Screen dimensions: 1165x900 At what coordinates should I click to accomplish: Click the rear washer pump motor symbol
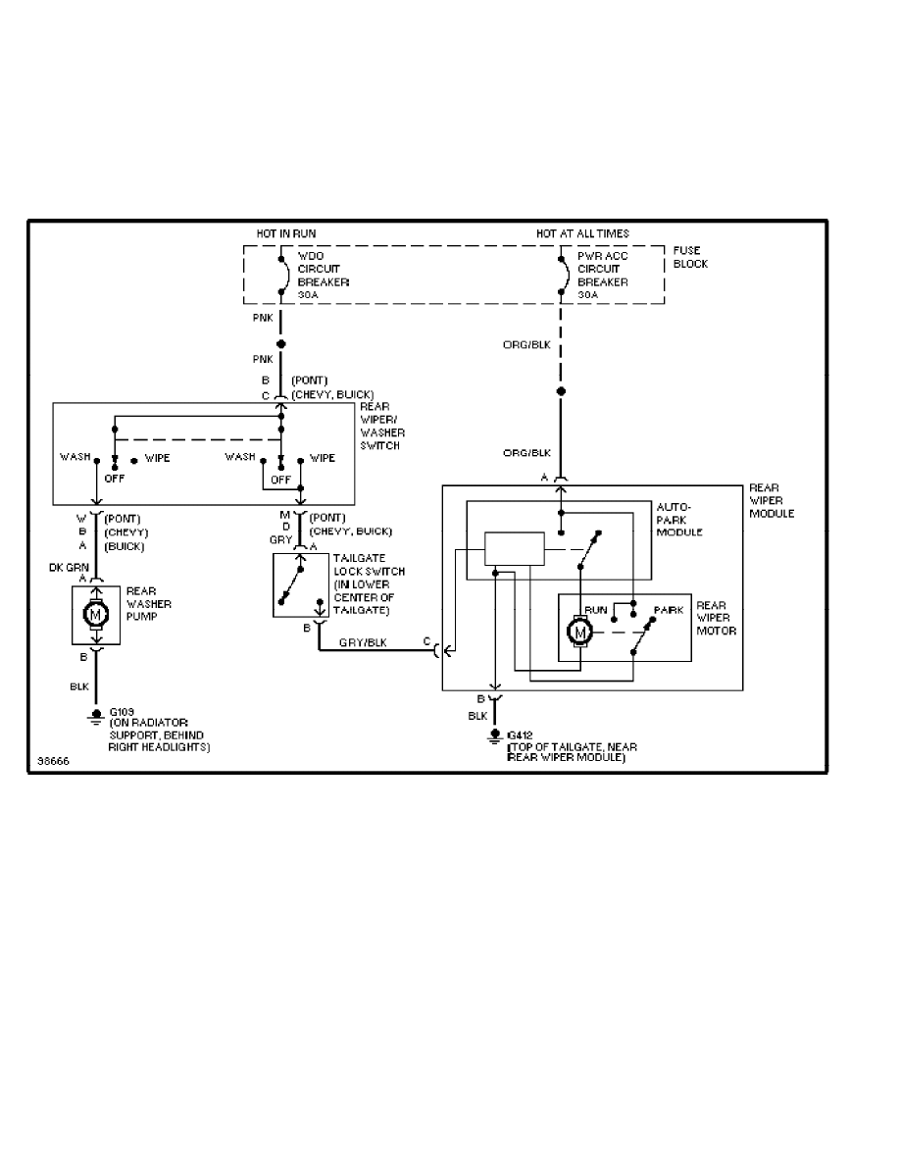[96, 615]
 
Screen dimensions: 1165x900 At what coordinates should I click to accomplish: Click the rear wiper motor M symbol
[579, 634]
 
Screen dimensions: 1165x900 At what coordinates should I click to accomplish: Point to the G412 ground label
[519, 734]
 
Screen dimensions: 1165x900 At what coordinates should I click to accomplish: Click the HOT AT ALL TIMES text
[582, 233]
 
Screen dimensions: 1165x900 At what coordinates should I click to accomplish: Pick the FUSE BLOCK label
[690, 257]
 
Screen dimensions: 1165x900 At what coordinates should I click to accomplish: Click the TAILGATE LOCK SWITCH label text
[367, 584]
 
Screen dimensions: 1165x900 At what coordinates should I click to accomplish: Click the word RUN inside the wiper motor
[595, 609]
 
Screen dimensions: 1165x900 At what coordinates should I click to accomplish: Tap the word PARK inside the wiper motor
[669, 609]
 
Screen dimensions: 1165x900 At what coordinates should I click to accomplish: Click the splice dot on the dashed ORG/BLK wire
[560, 390]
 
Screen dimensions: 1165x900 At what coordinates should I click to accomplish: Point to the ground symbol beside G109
[96, 715]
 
